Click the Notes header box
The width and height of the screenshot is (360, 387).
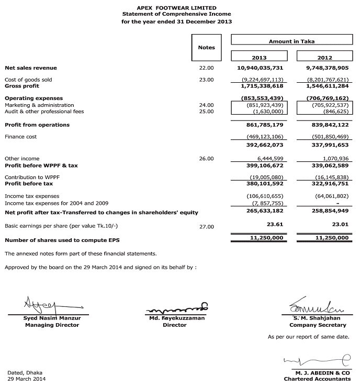click(207, 48)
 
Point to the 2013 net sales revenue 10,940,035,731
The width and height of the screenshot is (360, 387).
click(260, 68)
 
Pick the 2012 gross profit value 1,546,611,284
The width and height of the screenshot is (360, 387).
click(325, 85)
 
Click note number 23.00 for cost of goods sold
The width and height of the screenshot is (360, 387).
click(207, 80)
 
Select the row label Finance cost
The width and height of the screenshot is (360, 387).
click(20, 137)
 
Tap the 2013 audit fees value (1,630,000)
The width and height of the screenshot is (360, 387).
click(265, 111)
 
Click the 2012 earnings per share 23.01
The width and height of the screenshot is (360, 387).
click(340, 224)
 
